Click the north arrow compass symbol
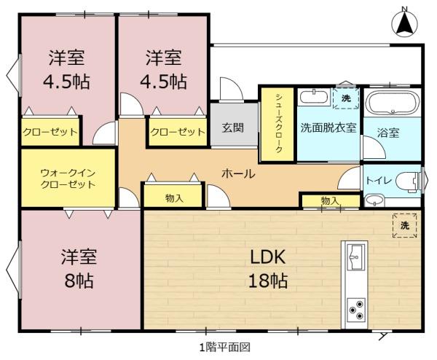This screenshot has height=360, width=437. click(x=404, y=23)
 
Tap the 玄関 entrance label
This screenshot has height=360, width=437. click(x=233, y=128)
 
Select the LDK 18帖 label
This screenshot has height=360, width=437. click(x=268, y=268)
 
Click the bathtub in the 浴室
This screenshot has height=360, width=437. click(x=393, y=103)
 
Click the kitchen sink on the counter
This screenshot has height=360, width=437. click(x=355, y=257)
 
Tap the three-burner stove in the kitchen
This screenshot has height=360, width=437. click(x=356, y=309)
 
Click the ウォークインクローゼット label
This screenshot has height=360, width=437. click(x=68, y=179)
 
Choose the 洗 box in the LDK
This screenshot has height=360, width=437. click(x=405, y=226)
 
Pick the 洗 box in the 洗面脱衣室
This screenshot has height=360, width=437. click(x=346, y=98)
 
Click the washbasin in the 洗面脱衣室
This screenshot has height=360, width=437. click(x=314, y=97)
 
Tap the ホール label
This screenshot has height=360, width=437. click(x=238, y=173)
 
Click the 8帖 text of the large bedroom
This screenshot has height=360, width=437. click(x=79, y=281)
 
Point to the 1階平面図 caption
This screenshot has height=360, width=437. click(x=224, y=348)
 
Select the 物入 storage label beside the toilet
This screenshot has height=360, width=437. click(x=330, y=200)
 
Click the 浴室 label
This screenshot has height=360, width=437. click(x=388, y=133)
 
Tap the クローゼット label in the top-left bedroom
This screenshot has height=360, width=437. click(x=50, y=132)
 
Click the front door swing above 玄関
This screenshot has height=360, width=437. click(x=231, y=89)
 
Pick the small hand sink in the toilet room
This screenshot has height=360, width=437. click(x=374, y=200)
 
